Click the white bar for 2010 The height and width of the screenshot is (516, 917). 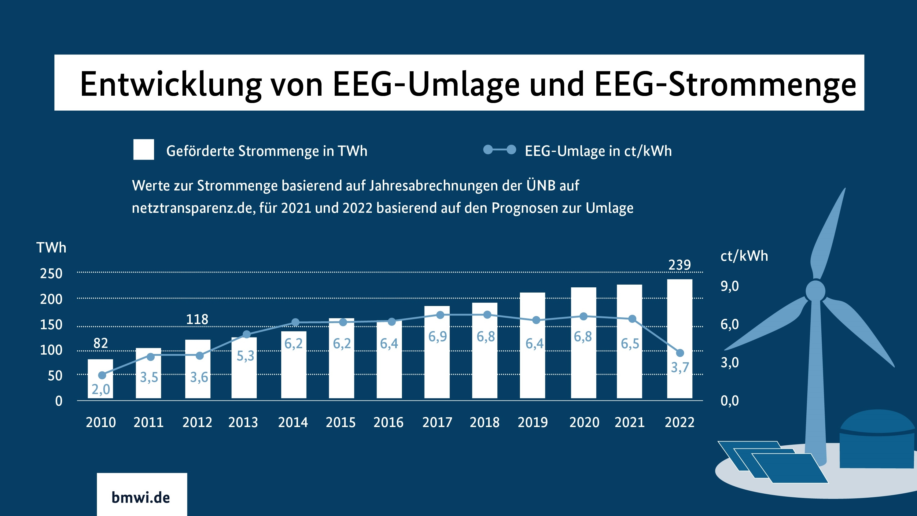[100, 378]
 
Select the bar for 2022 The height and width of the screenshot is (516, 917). [679, 338]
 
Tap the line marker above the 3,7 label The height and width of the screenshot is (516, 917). [680, 353]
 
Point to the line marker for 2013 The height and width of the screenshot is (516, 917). [246, 334]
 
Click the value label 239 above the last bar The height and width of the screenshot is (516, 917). [679, 265]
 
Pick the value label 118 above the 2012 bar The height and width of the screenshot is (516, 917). [197, 319]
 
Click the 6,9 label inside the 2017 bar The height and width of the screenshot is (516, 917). [437, 337]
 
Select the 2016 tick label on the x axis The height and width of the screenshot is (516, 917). [389, 422]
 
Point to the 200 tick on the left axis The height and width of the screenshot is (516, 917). [51, 299]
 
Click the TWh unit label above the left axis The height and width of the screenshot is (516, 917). [51, 248]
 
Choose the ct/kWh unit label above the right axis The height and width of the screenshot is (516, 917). [744, 256]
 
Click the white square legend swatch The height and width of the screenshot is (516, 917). [143, 149]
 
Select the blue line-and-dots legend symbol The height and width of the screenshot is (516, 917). [499, 149]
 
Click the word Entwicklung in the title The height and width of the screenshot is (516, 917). [171, 84]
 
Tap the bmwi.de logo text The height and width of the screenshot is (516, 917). [141, 497]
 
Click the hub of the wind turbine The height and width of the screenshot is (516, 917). [815, 291]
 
